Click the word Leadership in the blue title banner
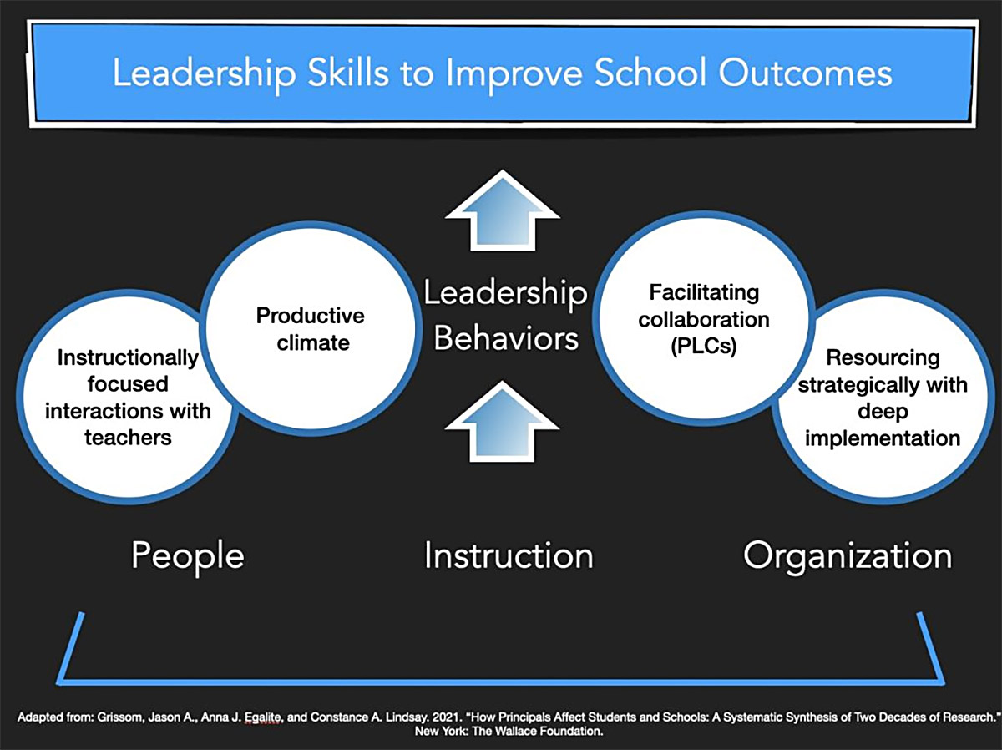coord(203,73)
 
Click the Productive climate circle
coord(310,328)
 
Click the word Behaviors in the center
coord(506,339)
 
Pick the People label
coord(187,555)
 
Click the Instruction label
coord(508,555)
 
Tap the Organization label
coord(847,555)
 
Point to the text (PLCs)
coord(703,346)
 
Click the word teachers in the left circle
coord(128,436)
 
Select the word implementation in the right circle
coord(883,438)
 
